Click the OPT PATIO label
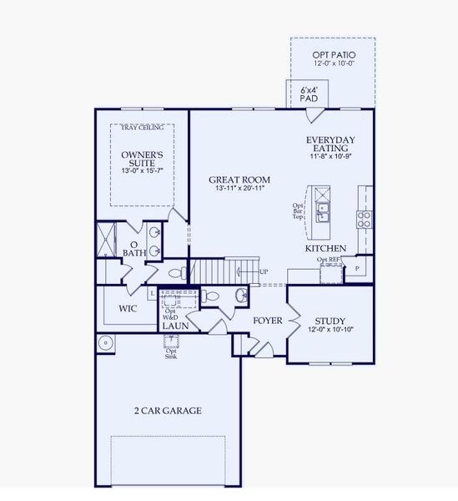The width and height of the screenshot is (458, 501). [x=332, y=54]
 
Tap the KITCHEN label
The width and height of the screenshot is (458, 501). [x=325, y=249]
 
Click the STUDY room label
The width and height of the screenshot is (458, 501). [x=330, y=321]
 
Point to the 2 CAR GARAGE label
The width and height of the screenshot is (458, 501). [x=169, y=410]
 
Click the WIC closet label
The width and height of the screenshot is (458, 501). [x=128, y=308]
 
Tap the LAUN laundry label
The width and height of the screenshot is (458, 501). [x=175, y=326]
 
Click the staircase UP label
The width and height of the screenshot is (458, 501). [x=264, y=272]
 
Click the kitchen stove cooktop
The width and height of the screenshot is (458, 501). [x=365, y=219]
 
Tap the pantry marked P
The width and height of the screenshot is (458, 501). [x=358, y=269]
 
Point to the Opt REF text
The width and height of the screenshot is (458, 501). [x=328, y=260]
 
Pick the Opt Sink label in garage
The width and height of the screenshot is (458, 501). [x=171, y=353]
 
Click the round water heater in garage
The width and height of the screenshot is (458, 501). [x=105, y=342]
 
